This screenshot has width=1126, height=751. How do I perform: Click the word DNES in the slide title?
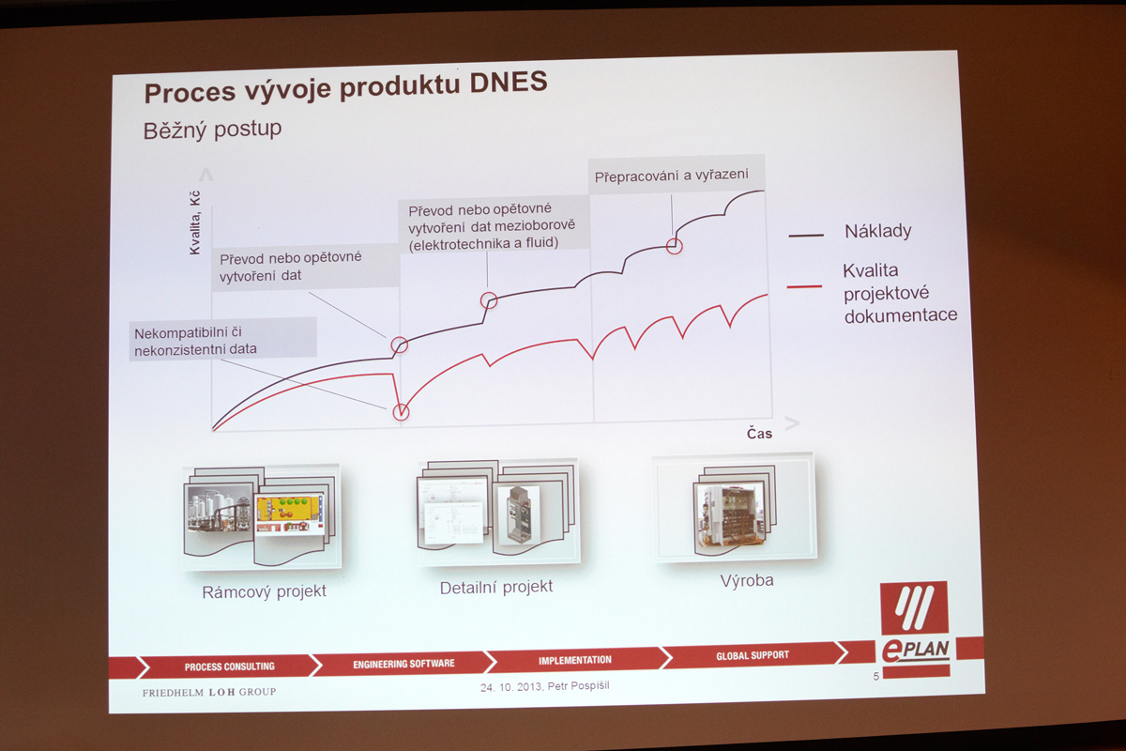point(509,83)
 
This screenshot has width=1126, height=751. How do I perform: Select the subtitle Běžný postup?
point(212,130)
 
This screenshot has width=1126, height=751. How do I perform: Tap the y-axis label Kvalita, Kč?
point(194,222)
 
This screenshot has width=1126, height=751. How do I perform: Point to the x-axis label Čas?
point(759,433)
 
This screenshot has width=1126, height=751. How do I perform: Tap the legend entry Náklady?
point(877,231)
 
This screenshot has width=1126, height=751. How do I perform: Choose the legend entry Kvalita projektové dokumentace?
point(900,293)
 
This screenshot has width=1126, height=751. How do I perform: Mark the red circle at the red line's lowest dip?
point(401,412)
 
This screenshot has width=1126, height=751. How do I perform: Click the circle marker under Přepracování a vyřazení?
point(674,246)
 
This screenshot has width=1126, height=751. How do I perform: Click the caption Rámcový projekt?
point(264,591)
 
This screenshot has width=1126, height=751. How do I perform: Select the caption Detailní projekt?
point(496,587)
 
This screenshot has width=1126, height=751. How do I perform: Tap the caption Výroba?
point(747,580)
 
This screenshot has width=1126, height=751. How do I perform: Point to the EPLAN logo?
point(916,629)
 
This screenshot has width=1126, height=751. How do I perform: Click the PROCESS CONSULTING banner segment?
point(230,667)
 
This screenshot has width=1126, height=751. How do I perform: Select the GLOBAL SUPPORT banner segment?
point(753,655)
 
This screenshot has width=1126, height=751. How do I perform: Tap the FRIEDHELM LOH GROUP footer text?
point(209,692)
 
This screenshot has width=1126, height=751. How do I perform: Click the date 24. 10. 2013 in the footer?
point(510,686)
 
